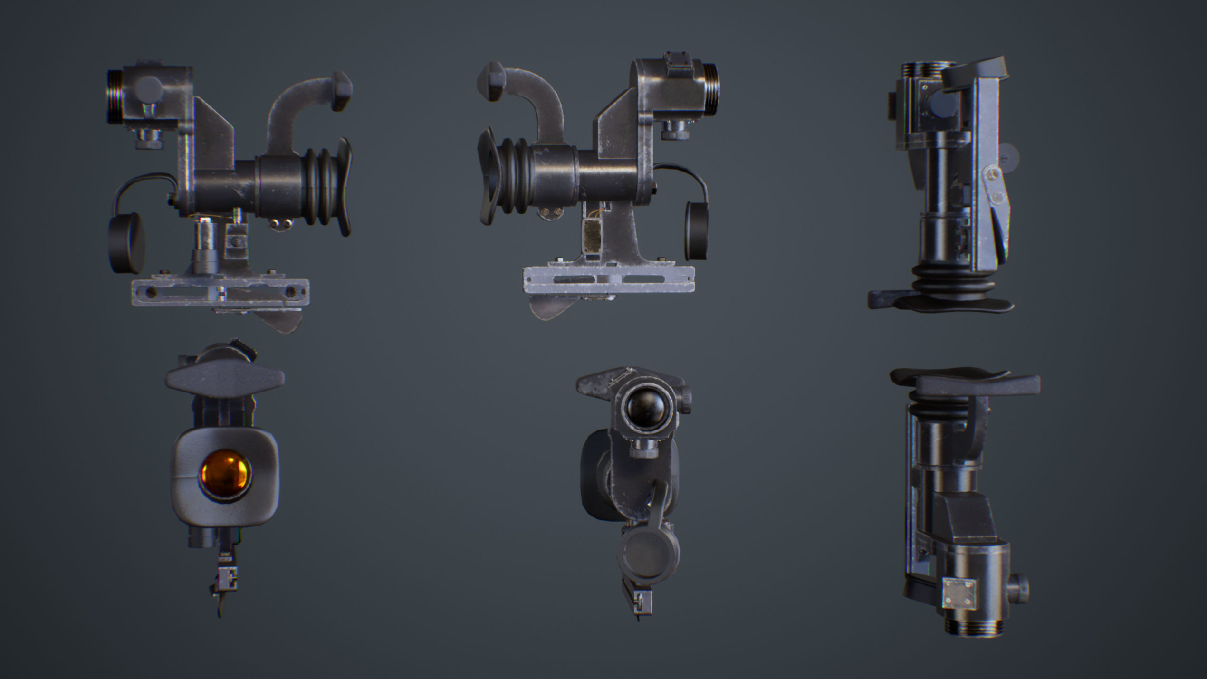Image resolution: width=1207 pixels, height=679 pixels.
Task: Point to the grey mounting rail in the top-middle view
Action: tap(608, 279)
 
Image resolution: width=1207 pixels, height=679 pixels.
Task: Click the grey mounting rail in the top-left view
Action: tap(220, 291)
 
